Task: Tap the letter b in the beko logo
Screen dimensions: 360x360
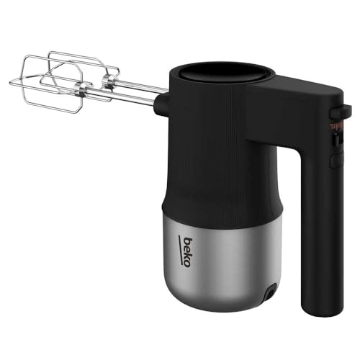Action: [186, 264]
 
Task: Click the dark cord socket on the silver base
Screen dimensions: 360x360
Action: [270, 293]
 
